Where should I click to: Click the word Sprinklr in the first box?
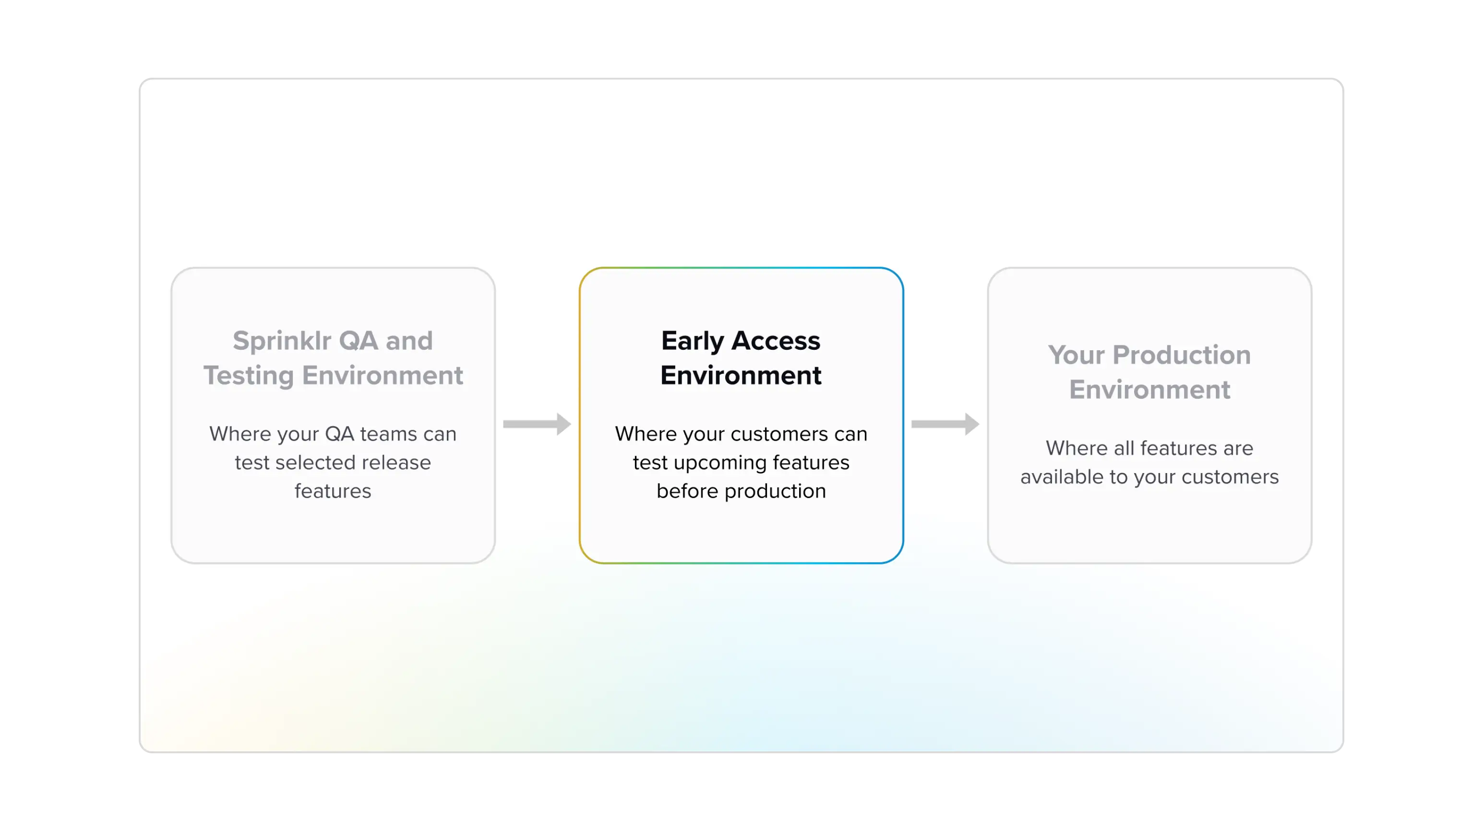coord(282,341)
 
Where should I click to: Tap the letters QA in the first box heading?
coord(359,341)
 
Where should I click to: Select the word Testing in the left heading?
coord(249,376)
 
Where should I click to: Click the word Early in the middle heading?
coord(693,341)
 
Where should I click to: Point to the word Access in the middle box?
coord(776,341)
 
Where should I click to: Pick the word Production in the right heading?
coord(1182,355)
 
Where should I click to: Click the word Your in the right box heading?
coord(1076,355)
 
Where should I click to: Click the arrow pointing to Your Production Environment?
coord(945,424)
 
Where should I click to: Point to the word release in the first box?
coord(396,463)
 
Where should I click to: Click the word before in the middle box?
coord(687,491)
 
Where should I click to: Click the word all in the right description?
coord(1124,448)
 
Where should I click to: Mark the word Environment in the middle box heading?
coord(741,376)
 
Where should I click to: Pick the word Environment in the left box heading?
coord(382,376)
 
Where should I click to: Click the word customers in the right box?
coord(1230,477)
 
